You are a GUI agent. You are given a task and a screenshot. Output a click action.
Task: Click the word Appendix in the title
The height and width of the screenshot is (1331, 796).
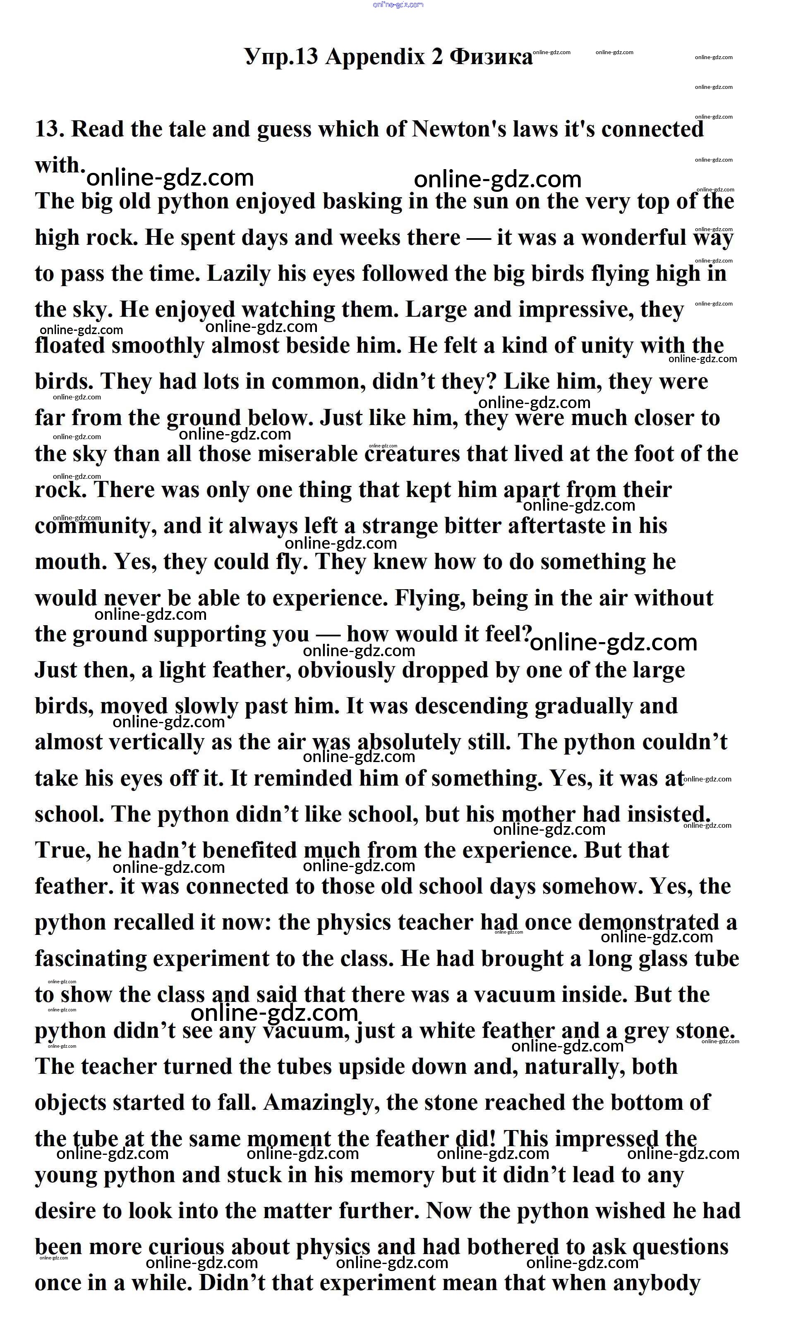point(375,57)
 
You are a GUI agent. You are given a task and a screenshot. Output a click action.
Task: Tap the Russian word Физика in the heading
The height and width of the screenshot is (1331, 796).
point(491,57)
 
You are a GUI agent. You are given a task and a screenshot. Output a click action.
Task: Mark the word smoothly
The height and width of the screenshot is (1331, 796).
point(158,345)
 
